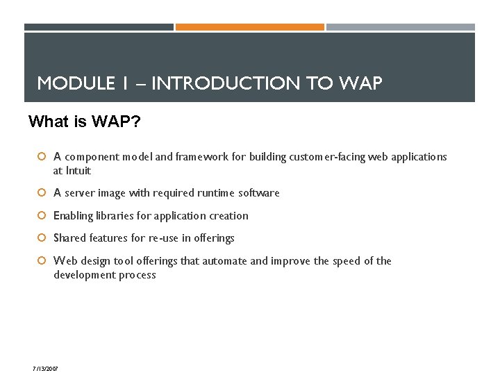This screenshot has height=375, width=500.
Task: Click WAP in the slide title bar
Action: tap(360, 84)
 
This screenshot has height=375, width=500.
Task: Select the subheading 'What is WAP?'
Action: tap(84, 122)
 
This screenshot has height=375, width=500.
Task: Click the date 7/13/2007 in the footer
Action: tap(45, 368)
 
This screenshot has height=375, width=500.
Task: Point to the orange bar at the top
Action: tap(249, 27)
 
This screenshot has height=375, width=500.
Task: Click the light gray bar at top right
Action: tap(400, 27)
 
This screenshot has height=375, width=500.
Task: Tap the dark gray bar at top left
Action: tap(99, 27)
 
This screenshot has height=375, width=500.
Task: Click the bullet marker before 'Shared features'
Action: tap(42, 238)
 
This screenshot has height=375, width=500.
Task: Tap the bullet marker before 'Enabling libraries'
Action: tap(42, 216)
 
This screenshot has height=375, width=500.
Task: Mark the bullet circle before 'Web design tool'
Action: tap(42, 261)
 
